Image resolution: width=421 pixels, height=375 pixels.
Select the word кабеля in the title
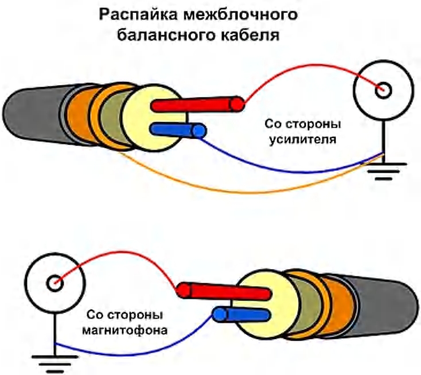click(x=251, y=36)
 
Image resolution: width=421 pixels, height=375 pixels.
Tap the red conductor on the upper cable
click(x=195, y=104)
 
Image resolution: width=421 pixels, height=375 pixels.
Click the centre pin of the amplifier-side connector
click(x=383, y=90)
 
